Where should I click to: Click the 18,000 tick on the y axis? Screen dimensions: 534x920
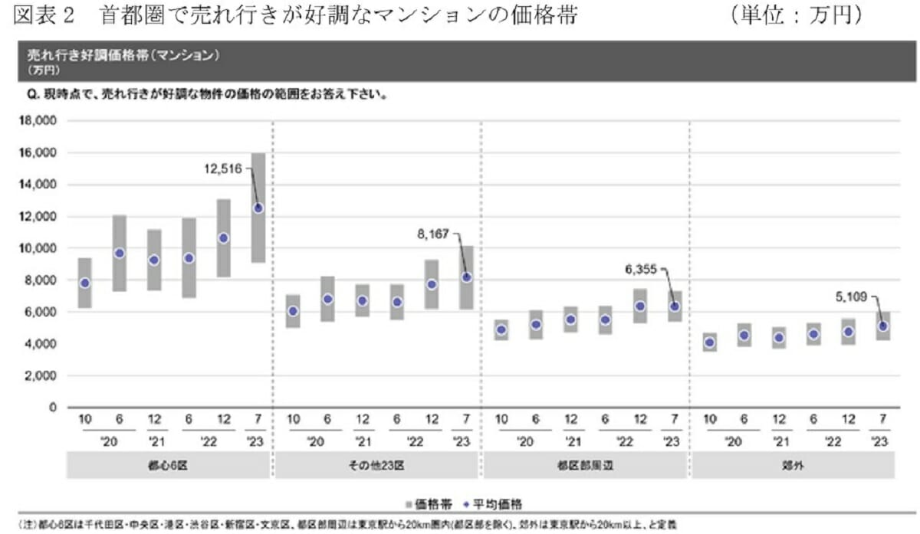(x=37, y=121)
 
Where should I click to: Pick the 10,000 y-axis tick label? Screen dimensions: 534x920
(x=37, y=248)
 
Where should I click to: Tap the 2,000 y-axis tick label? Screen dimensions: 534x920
(x=40, y=376)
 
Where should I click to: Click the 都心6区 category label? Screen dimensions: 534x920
(x=170, y=466)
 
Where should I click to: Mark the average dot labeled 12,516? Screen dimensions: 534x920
(x=258, y=208)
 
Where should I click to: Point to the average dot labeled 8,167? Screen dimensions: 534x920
(x=466, y=277)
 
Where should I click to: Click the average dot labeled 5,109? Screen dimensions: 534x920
(x=882, y=326)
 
